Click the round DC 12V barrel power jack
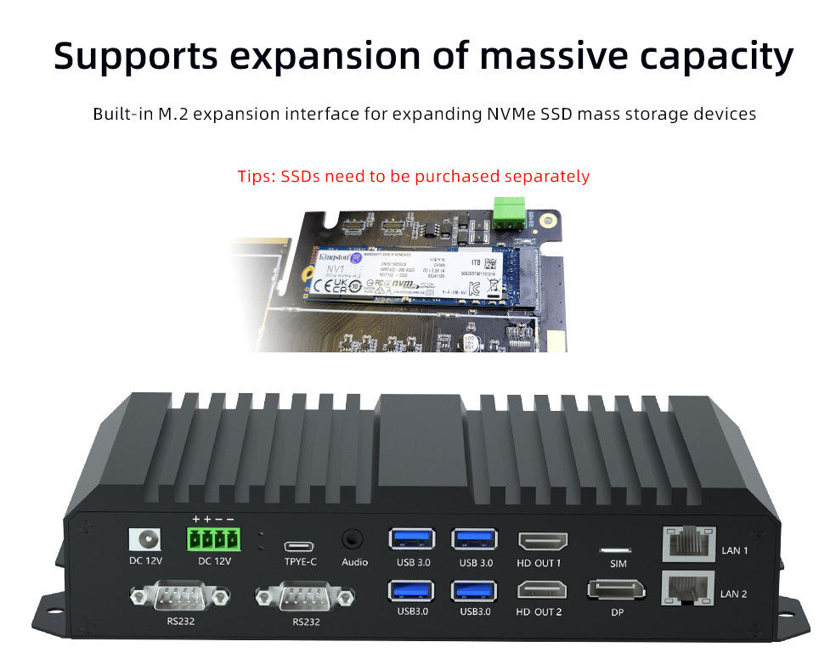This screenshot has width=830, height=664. click(x=144, y=539)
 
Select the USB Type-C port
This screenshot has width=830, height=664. click(x=299, y=545)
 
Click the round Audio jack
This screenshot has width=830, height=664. click(x=353, y=539)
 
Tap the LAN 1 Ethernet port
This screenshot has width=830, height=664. click(x=686, y=543)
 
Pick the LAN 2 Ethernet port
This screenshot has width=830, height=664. click(x=686, y=588)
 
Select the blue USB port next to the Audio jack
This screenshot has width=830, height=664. click(x=411, y=539)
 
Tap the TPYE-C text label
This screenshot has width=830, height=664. click(x=300, y=562)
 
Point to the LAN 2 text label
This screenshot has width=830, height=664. click(x=734, y=594)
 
